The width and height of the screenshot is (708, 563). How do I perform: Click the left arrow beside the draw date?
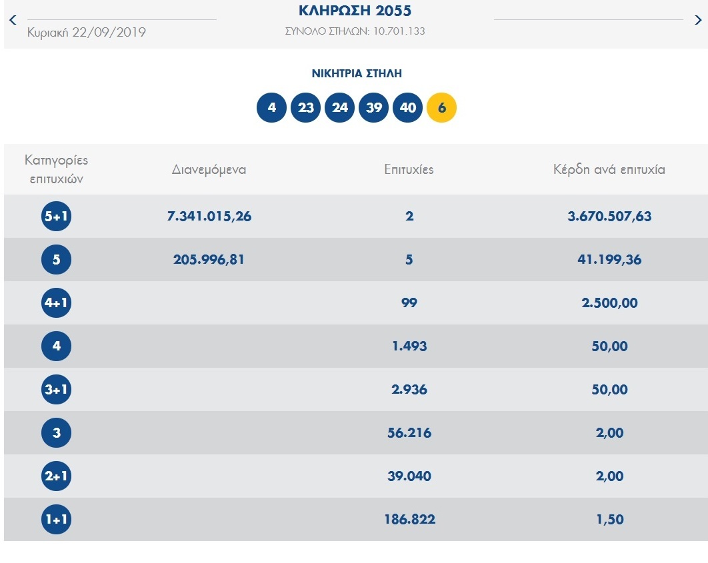[12, 20]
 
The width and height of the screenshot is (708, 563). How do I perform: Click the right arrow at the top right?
[697, 20]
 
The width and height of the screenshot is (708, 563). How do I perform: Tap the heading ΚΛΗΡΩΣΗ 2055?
[355, 11]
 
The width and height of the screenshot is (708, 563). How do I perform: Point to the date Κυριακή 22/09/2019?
[87, 32]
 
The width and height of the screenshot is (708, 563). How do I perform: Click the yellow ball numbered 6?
[441, 108]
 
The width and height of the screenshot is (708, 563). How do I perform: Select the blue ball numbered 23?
[305, 108]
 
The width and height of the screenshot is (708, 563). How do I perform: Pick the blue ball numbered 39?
[373, 108]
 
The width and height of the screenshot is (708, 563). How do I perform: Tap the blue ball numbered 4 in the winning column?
[271, 108]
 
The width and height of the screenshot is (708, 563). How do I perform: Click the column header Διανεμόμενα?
[209, 170]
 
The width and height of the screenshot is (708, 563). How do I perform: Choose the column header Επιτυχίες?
[409, 170]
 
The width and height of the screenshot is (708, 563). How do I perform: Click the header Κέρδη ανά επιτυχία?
[609, 170]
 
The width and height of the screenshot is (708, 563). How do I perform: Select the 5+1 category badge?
[56, 217]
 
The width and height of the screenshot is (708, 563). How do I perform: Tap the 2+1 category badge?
[56, 476]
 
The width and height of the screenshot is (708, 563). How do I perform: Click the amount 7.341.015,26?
[209, 217]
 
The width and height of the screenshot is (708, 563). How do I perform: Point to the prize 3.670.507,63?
[609, 217]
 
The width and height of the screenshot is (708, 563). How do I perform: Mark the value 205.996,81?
[209, 260]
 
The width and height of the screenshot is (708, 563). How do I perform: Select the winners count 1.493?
[409, 346]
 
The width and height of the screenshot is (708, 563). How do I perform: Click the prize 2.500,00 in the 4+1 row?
[609, 303]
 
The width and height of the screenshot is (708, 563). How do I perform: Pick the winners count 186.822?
[409, 520]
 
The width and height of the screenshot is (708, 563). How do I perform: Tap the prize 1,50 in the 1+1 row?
[609, 520]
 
